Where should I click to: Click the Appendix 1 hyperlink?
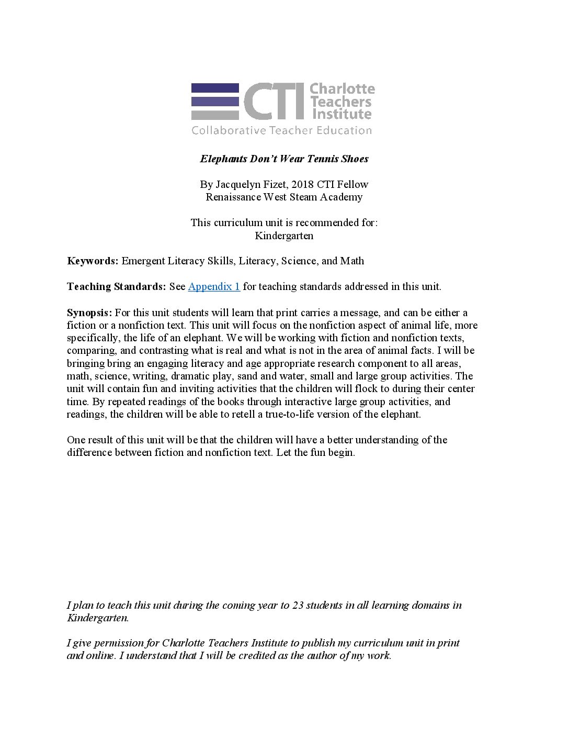point(214,286)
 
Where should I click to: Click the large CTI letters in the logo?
point(274,102)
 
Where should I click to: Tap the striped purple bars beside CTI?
point(214,102)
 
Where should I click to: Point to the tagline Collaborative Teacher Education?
point(281,130)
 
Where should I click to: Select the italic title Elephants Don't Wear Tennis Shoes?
point(284,159)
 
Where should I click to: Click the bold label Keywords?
point(93,261)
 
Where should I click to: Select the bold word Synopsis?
point(89,312)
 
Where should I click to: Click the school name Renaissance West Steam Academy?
point(284,197)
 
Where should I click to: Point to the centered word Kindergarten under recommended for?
point(284,236)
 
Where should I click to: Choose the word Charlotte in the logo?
point(342,89)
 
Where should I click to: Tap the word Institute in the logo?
point(341,114)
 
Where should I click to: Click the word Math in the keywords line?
point(352,261)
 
